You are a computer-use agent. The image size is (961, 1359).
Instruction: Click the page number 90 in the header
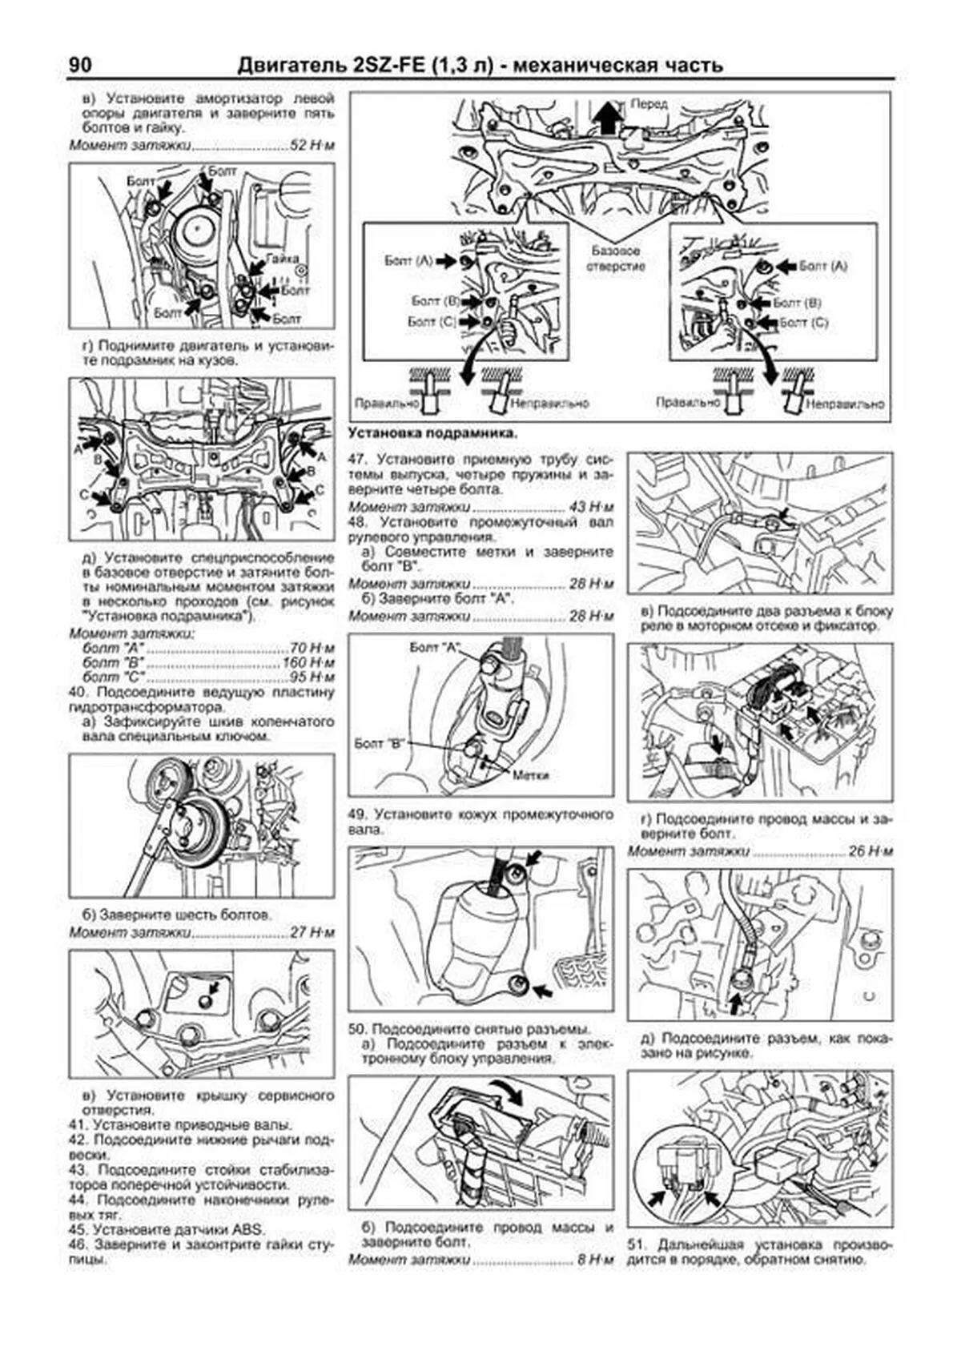tap(80, 65)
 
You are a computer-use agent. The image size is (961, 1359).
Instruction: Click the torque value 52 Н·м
tap(312, 146)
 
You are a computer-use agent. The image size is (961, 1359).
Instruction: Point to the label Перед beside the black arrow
tap(649, 105)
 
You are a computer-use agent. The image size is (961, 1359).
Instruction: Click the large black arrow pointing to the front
tap(609, 118)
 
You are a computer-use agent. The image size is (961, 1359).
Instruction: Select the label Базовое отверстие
tap(615, 258)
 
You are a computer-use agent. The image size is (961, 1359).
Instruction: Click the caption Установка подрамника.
tap(432, 432)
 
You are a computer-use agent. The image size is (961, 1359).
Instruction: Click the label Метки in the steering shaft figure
tap(529, 775)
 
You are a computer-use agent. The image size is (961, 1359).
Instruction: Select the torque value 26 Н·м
tap(870, 851)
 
